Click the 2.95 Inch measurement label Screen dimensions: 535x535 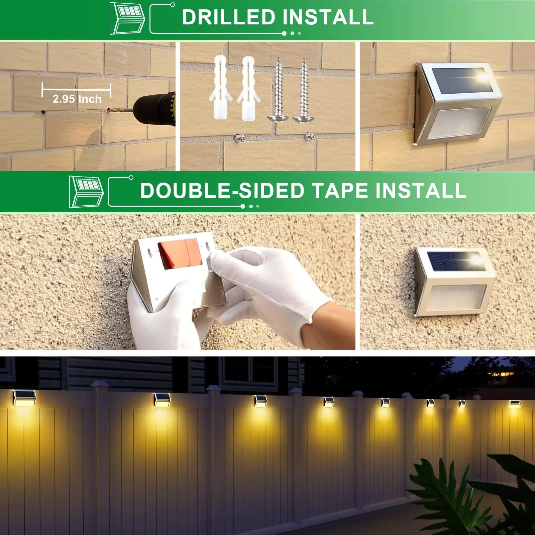click(77, 99)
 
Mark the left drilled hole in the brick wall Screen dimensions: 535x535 click(43, 112)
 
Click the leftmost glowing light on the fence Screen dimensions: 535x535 click(24, 399)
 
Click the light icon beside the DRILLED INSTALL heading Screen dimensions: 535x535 click(127, 18)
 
